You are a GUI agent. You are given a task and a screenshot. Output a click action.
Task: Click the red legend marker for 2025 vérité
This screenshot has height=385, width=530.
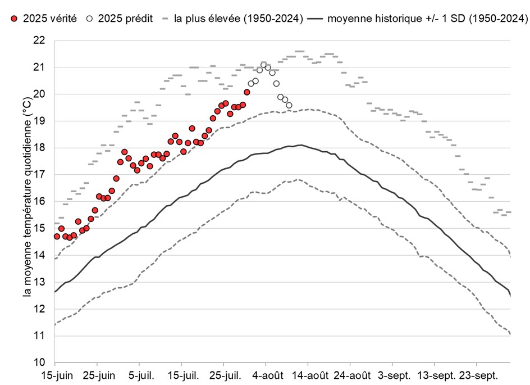click(14, 19)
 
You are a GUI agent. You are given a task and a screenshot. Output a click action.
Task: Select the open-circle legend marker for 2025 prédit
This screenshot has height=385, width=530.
click(89, 19)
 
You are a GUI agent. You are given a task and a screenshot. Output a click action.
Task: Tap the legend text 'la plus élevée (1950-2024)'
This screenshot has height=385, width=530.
click(239, 19)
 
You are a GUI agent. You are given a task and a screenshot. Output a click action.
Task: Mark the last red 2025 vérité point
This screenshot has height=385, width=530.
click(246, 92)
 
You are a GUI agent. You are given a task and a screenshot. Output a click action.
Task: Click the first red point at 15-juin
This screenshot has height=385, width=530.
click(57, 236)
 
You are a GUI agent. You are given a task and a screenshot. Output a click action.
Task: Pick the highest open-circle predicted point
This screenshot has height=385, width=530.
click(263, 65)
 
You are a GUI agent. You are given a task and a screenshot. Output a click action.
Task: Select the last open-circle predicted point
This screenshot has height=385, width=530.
click(289, 105)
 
